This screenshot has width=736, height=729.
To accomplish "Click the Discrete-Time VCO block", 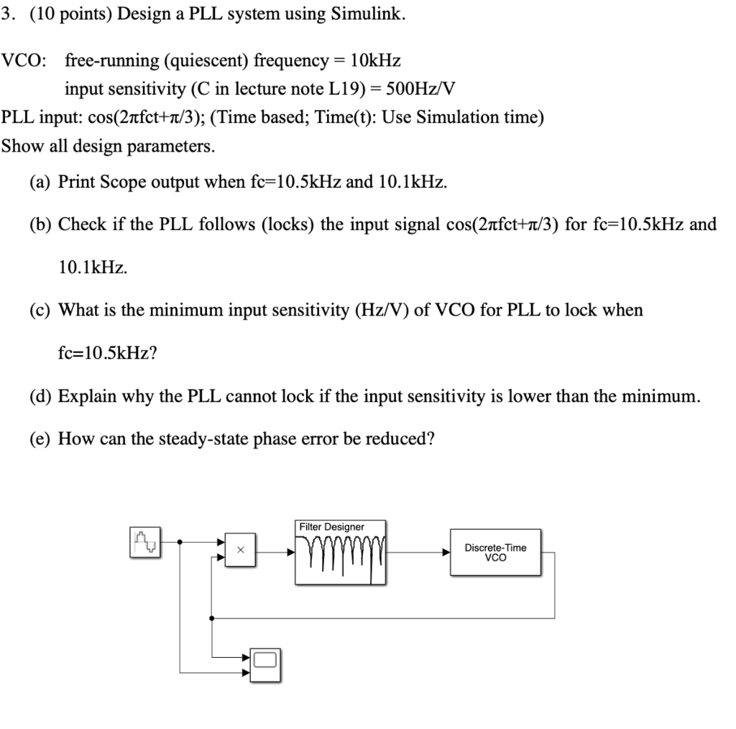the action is pos(496,552).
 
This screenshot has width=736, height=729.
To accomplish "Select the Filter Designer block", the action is pos(341,552).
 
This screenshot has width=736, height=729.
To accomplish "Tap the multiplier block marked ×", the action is pos(241,551).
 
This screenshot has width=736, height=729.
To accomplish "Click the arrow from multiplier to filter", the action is pos(290,552).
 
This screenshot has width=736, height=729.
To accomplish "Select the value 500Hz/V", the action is pos(421,89).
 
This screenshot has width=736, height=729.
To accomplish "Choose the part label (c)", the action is pos(41,310).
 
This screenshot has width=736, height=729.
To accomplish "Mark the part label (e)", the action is pos(41,438).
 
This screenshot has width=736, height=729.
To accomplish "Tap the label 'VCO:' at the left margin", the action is pos(23,60).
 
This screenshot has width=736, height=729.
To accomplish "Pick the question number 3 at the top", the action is pos(6,14).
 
